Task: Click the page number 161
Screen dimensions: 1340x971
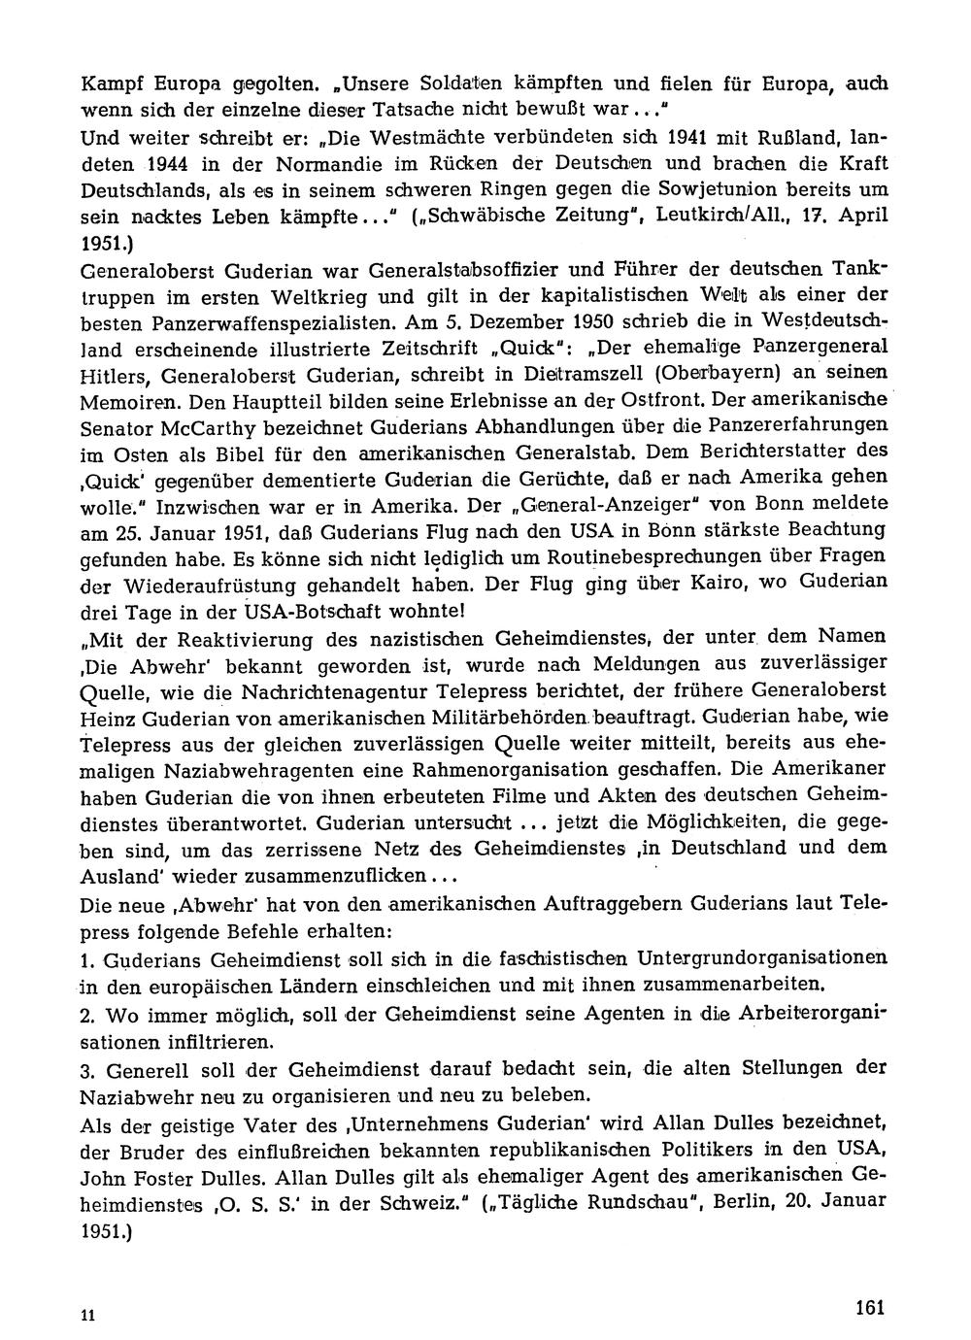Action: pyautogui.click(x=870, y=1307)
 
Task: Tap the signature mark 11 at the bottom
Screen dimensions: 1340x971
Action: pyautogui.click(x=88, y=1316)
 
